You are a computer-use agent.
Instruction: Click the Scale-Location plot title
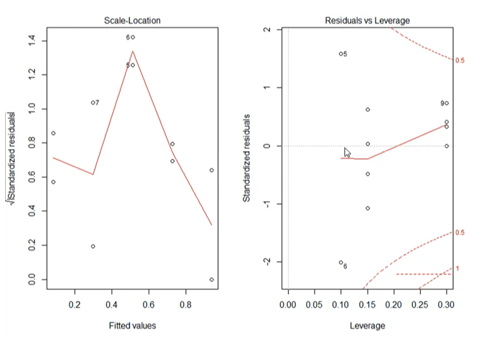click(x=132, y=21)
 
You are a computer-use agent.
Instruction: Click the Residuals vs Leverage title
click(x=367, y=21)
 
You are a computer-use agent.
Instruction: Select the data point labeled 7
click(x=93, y=102)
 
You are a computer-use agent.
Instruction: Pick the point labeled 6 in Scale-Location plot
click(x=133, y=38)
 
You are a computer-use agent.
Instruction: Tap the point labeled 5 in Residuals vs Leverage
click(x=340, y=54)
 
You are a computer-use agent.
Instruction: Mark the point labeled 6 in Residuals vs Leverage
click(x=340, y=262)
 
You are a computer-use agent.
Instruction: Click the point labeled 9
click(x=447, y=103)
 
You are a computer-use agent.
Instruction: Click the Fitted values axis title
click(x=132, y=325)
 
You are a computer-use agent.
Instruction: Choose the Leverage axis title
click(x=367, y=325)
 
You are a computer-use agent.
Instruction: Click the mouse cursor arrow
click(x=347, y=152)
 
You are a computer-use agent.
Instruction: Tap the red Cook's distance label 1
click(x=457, y=269)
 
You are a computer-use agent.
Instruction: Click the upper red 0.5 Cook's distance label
click(x=460, y=60)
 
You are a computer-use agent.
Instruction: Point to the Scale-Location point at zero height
click(x=211, y=280)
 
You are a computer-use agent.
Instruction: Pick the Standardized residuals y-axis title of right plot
click(x=247, y=157)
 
